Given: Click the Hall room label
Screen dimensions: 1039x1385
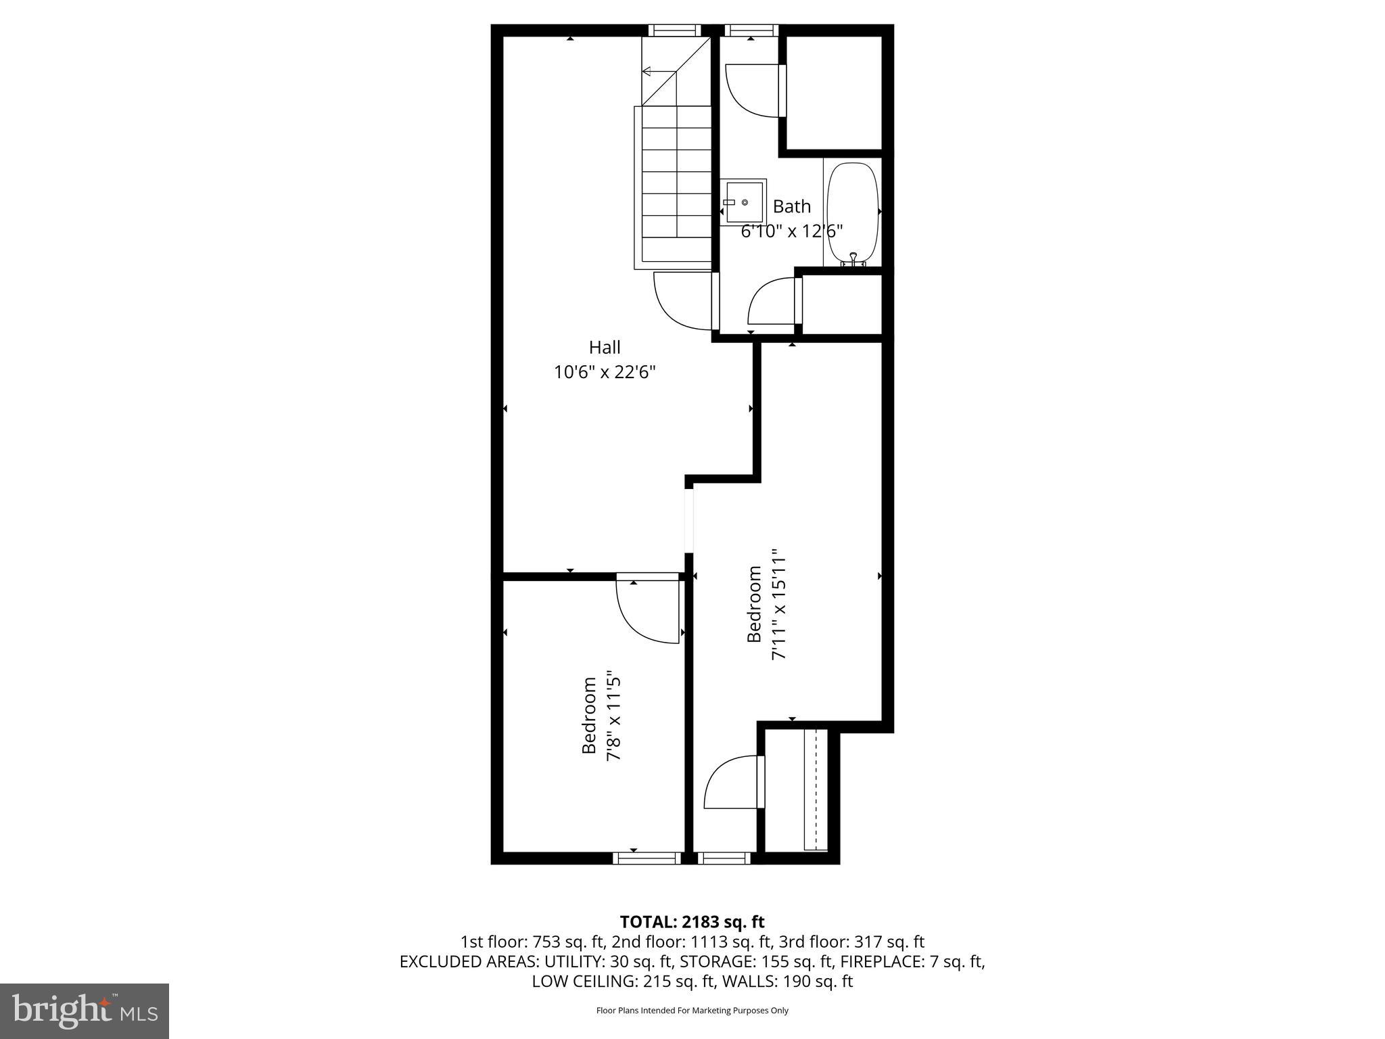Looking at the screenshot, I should click(x=605, y=348).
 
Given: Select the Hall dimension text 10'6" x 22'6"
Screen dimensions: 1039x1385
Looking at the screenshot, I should click(x=605, y=372).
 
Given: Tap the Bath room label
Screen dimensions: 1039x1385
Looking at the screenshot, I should click(x=791, y=206).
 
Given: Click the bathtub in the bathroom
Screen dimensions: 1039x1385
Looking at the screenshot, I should click(x=853, y=212).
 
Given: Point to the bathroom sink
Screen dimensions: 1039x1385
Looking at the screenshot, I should click(x=743, y=202).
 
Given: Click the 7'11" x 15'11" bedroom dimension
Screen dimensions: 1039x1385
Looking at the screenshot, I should click(x=779, y=604).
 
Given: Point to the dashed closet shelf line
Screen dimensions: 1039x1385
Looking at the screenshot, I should click(x=816, y=789).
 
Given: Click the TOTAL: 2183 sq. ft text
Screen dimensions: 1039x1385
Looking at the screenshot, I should click(x=692, y=922).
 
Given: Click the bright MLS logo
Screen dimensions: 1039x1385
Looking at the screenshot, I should click(x=85, y=1011).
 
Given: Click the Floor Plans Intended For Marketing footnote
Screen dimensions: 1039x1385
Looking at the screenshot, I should click(x=692, y=1011).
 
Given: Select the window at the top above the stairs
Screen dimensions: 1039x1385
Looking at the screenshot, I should click(x=673, y=30).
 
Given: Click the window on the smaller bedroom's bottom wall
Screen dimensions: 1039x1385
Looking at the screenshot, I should click(x=647, y=858).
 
